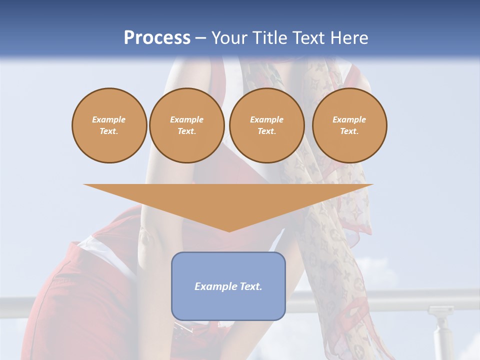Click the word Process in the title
(x=157, y=38)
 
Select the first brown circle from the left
(x=109, y=125)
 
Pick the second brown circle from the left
(x=186, y=125)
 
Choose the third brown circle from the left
(x=266, y=125)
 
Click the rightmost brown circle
(x=349, y=125)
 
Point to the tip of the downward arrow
(x=229, y=231)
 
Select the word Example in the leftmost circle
(x=109, y=119)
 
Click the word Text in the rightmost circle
(x=349, y=131)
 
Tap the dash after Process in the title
(x=200, y=38)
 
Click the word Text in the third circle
(x=266, y=131)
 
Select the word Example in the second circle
(x=186, y=119)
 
